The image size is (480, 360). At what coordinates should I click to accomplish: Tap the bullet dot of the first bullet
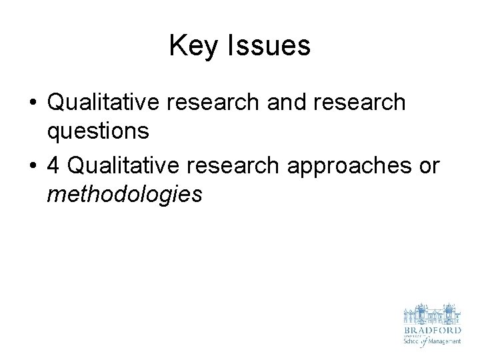pyautogui.click(x=33, y=103)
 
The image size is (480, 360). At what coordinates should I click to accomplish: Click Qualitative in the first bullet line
pyautogui.click(x=106, y=103)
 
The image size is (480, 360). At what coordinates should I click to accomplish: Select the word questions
pyautogui.click(x=98, y=131)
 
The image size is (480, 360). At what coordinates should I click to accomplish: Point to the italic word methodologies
pyautogui.click(x=124, y=195)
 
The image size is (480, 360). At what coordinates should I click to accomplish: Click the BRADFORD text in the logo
pyautogui.click(x=431, y=330)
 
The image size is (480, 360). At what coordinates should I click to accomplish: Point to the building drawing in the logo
pyautogui.click(x=431, y=314)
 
